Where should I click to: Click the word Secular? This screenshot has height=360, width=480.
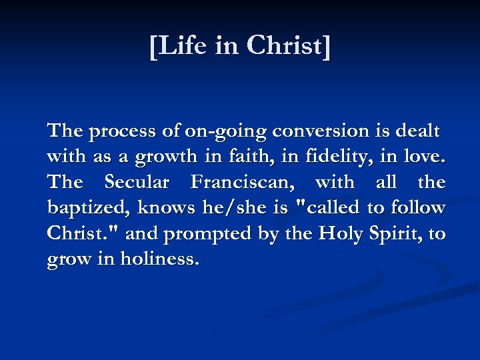click(x=137, y=182)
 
